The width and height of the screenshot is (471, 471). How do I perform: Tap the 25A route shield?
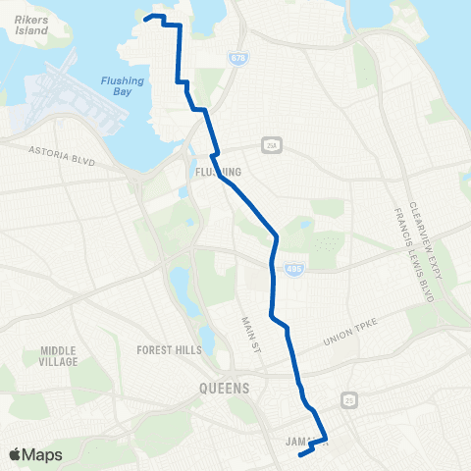coord(270,145)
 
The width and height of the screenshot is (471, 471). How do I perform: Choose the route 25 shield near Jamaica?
coord(347,398)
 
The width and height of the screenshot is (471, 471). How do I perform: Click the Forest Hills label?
coord(170,348)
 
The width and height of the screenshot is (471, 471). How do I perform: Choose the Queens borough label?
coord(224,388)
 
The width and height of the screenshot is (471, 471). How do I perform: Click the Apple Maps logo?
coord(35,454)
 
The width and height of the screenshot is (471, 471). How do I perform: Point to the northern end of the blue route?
coord(146,17)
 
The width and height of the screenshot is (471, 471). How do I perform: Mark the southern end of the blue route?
coord(298,454)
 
